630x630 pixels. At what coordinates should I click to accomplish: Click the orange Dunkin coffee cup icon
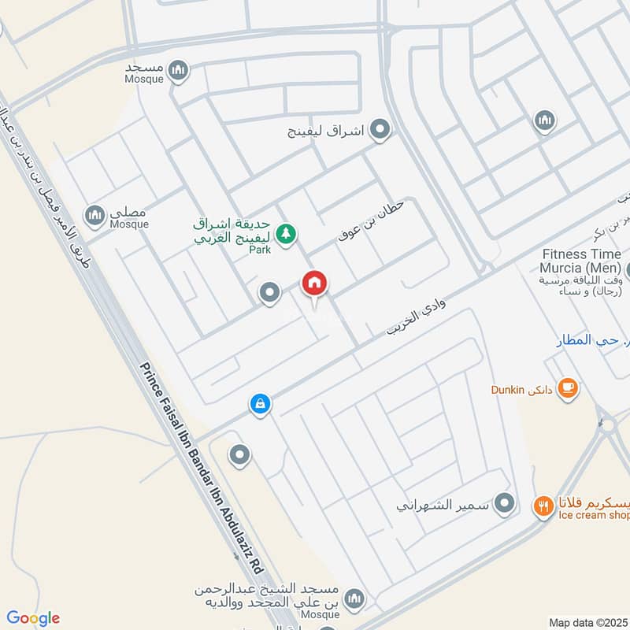point(568,387)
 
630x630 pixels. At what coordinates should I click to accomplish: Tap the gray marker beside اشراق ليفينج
point(381,129)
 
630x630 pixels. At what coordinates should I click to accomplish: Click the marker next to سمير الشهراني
point(506,502)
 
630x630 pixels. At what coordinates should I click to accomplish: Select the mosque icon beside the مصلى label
point(95,214)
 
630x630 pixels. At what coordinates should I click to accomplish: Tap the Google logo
point(33,618)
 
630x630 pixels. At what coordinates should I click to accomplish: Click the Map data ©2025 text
point(587,622)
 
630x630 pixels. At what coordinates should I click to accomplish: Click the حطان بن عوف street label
point(370,220)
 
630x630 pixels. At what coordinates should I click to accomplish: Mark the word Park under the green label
point(260,250)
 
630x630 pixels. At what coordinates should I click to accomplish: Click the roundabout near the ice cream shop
point(606,425)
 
